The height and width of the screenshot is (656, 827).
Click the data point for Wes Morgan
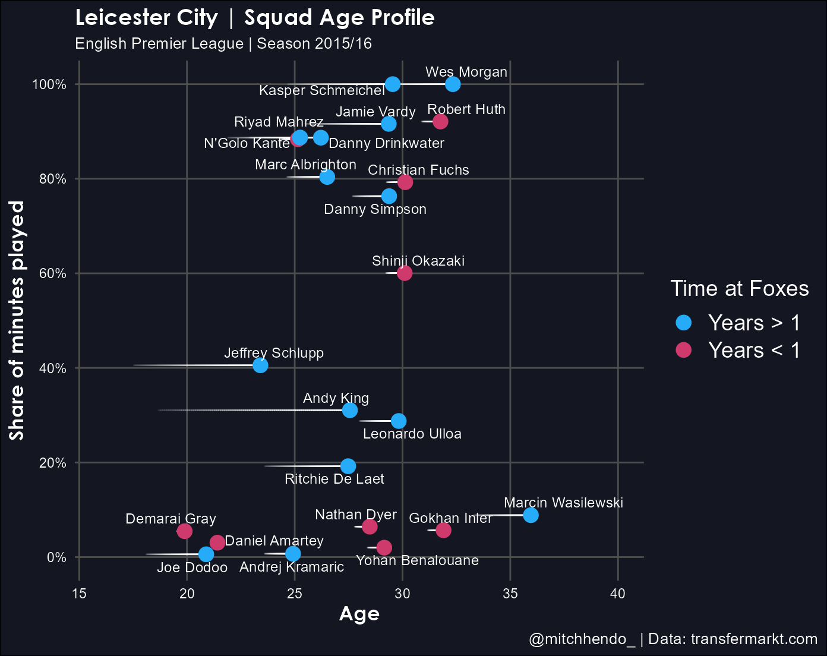point(453,84)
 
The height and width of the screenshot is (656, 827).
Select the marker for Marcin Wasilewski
point(531,515)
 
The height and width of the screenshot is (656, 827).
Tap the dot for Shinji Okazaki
point(405,273)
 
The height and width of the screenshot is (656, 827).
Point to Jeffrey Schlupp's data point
point(260,365)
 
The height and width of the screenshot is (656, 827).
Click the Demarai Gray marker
point(185,531)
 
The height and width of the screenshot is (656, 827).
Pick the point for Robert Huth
point(440,122)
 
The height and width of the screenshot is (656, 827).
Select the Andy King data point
point(350,410)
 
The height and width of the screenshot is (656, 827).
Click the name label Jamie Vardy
point(375,112)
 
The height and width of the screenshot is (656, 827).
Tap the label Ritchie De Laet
point(334,479)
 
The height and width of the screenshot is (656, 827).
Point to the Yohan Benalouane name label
point(417,560)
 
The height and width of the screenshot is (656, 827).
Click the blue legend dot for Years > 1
point(684,323)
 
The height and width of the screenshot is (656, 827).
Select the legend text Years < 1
point(754,351)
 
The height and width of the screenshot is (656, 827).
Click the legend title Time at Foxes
point(739,288)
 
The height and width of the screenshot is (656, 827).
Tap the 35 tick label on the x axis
point(510,594)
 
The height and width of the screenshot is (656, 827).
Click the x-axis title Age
point(359,614)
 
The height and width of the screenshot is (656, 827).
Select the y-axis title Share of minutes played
point(18,321)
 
